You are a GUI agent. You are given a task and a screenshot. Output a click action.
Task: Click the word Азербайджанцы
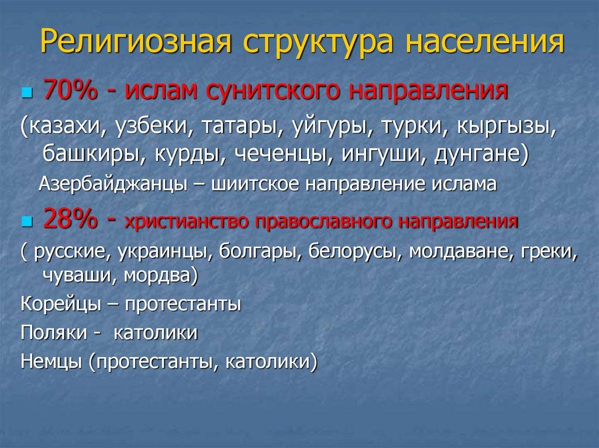[x=113, y=184]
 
